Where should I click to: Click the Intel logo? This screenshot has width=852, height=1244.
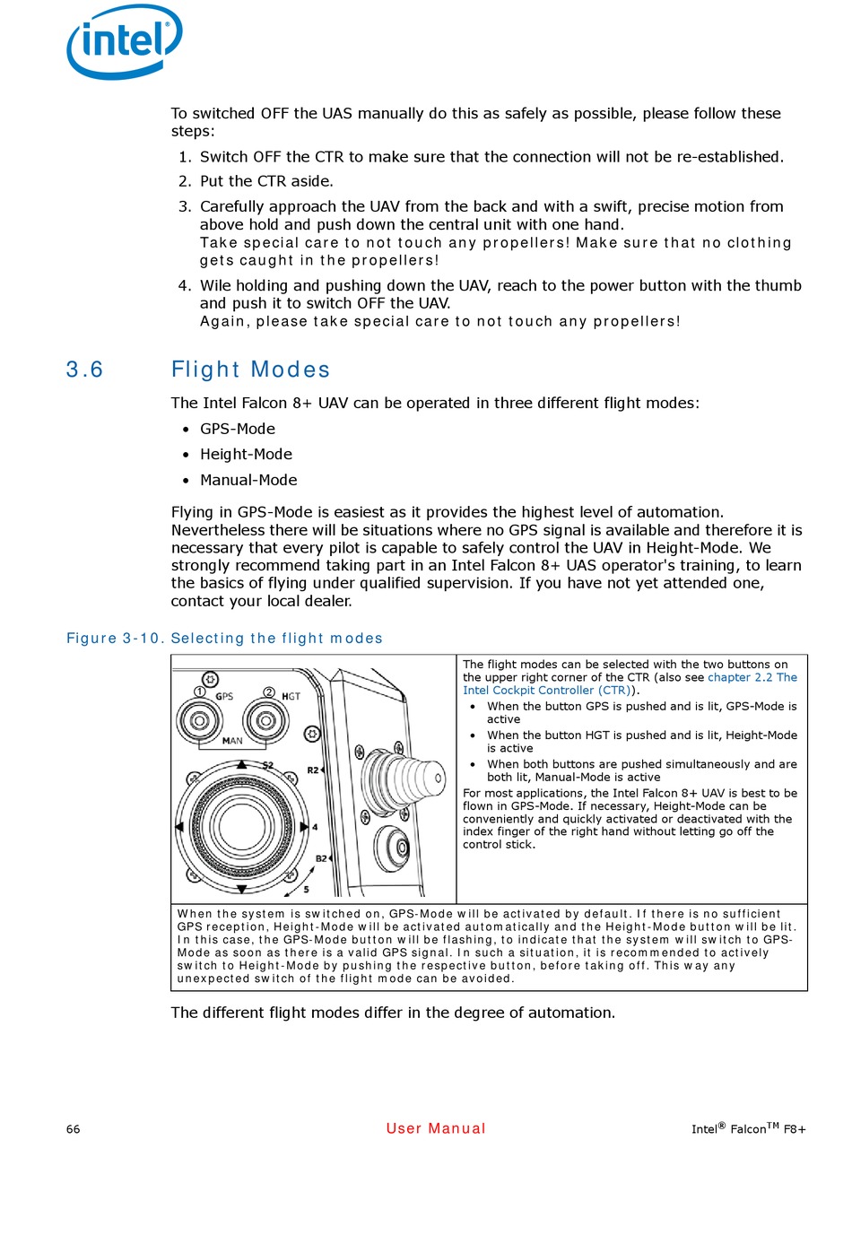coord(125,41)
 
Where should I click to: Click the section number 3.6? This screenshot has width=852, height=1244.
coord(84,370)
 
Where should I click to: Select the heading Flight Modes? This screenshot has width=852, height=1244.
coord(250,370)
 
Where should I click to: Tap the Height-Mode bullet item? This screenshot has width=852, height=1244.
coord(246,455)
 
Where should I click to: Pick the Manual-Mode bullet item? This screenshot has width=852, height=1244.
coord(248,481)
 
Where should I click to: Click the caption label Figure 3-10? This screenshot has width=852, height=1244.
coord(115,639)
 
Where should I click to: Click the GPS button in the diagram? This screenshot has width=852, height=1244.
coord(200,719)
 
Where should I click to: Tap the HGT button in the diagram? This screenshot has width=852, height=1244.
coord(265,719)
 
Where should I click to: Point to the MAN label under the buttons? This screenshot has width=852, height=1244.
coord(232,741)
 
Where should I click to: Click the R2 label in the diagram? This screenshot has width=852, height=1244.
coord(312,770)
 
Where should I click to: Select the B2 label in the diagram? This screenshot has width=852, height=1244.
coord(321,858)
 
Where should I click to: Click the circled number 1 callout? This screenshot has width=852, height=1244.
coord(200,692)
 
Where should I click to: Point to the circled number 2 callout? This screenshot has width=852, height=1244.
coord(269,692)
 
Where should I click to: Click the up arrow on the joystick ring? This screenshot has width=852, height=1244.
coord(242,765)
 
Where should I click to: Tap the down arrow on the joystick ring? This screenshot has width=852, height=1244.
coord(242,889)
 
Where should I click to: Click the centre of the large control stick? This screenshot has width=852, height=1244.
coord(240,826)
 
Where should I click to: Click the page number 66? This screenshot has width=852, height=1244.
coord(74,1129)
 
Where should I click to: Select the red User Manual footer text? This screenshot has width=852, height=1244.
coord(436,1128)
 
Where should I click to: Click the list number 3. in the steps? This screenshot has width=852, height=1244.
coord(185,207)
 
